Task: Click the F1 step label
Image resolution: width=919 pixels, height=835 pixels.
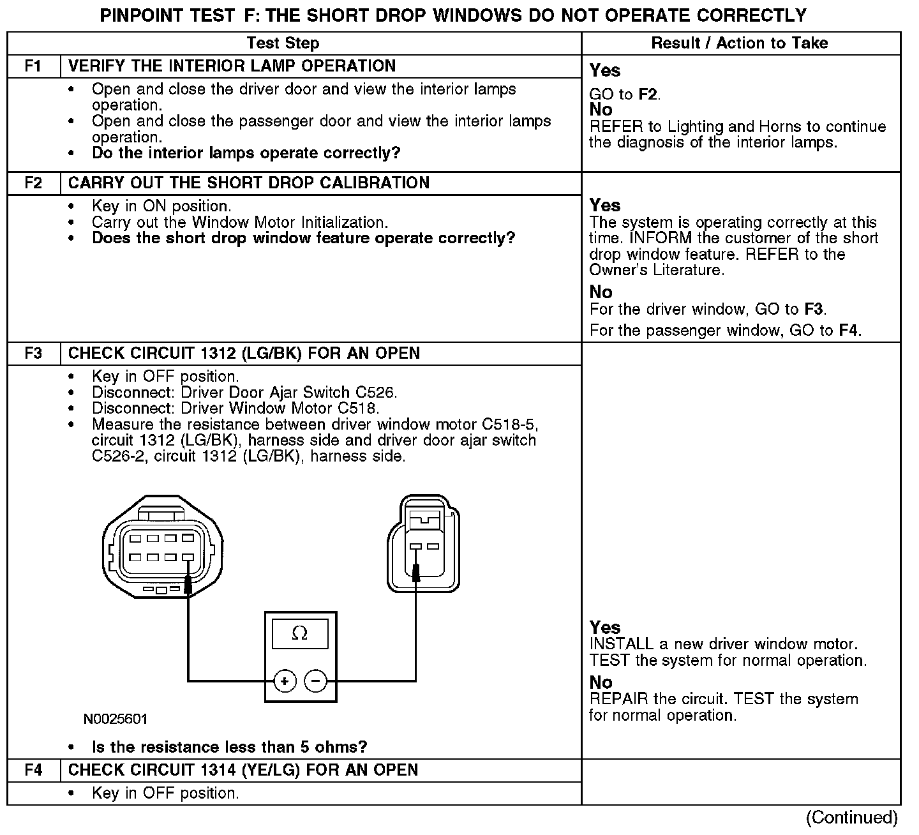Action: pos(33,66)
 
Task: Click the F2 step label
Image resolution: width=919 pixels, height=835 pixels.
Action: pos(33,183)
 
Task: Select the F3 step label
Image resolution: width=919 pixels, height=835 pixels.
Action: pos(33,354)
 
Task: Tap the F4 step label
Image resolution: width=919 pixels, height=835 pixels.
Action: pos(33,770)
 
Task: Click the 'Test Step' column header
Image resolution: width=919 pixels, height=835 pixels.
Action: pos(283,43)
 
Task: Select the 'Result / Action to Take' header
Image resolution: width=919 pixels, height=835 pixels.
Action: pos(740,43)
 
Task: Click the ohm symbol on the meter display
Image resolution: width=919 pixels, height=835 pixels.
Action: pos(299,633)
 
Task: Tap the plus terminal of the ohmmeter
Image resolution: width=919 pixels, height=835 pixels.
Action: pos(285,682)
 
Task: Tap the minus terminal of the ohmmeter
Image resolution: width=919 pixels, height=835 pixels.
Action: pos(315,682)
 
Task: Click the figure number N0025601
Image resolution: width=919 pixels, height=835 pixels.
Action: pos(116,719)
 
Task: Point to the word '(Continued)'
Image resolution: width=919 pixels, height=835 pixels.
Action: pos(851,818)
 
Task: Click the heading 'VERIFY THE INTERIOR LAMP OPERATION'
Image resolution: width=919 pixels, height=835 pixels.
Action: pos(232,66)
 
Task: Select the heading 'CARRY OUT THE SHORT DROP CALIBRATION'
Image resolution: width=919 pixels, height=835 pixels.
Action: pos(249,183)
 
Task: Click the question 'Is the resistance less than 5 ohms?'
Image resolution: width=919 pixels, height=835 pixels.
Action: pos(230,748)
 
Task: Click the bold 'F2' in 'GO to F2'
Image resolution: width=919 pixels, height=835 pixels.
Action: pos(648,95)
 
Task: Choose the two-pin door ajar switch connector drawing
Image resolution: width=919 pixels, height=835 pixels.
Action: pos(422,543)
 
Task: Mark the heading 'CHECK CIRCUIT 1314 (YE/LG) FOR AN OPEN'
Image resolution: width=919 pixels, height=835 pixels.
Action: pos(243,770)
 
